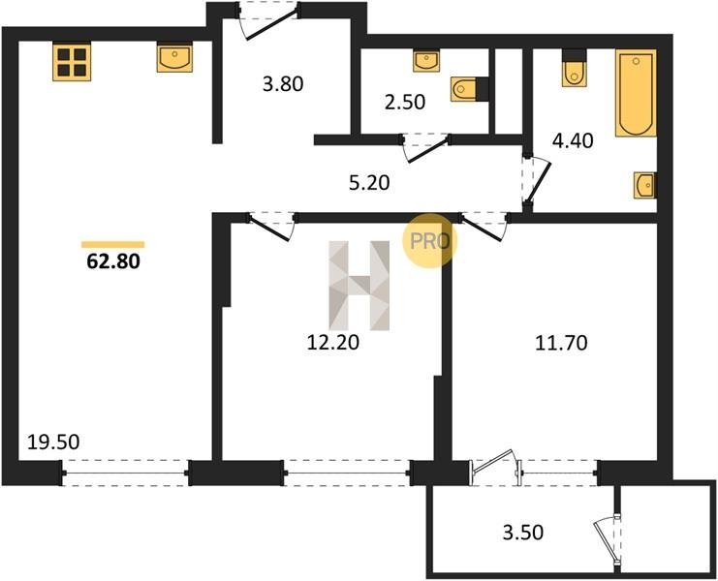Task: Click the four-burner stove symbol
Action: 72,62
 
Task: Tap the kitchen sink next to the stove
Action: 174,57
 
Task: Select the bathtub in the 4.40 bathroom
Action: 636,93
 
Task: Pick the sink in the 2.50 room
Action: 426,60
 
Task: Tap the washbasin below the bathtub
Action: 645,185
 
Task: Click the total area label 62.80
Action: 113,261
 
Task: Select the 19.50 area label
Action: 53,442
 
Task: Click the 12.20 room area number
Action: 333,342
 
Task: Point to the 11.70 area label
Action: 561,343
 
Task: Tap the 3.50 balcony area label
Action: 523,533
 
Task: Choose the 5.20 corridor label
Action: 369,183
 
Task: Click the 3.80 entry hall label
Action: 283,84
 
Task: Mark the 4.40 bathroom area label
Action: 573,140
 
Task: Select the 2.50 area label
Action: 405,102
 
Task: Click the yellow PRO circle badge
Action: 429,241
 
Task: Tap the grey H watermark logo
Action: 359,286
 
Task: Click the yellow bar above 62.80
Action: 113,245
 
